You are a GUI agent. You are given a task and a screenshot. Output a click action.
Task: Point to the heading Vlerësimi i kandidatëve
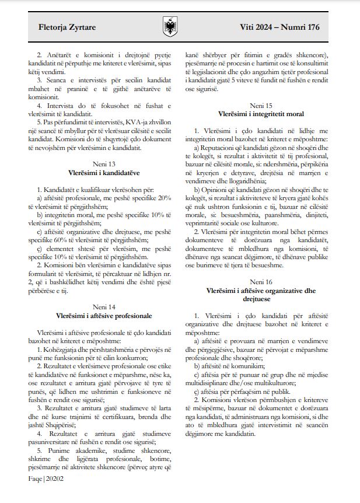coord(103,173)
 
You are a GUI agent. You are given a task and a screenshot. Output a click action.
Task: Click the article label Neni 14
coord(103,308)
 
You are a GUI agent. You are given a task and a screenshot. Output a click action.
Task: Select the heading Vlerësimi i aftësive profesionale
coord(103,316)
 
